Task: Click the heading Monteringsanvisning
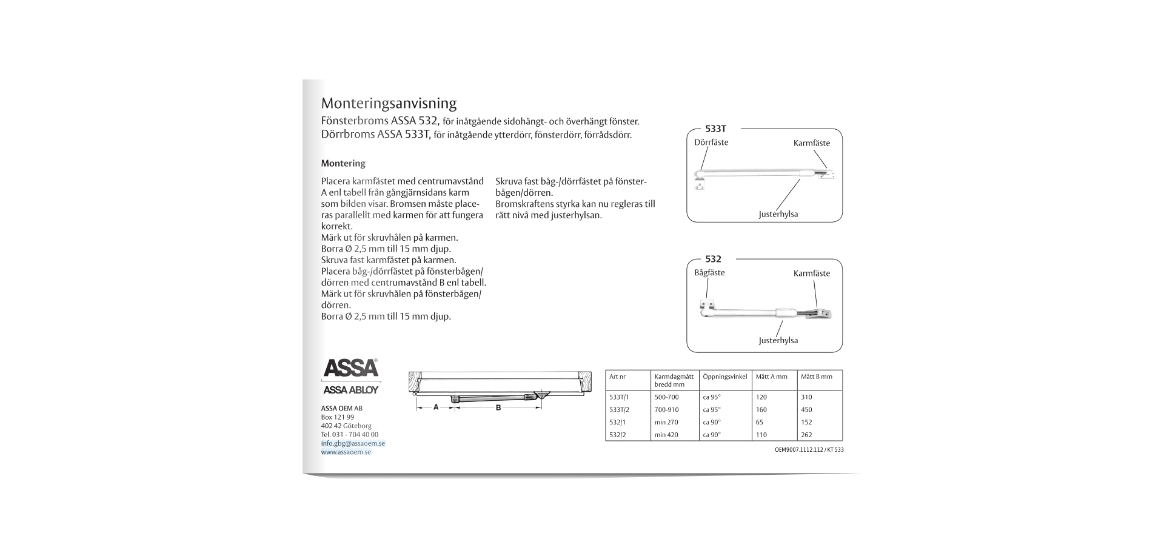tap(389, 102)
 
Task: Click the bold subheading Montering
tap(343, 163)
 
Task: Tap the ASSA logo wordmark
tap(350, 368)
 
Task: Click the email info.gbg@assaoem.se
tap(353, 443)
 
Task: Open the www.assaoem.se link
tap(346, 452)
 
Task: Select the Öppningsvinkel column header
tap(724, 377)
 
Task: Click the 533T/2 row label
tap(619, 410)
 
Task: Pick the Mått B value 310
tap(806, 397)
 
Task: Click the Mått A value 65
tap(759, 422)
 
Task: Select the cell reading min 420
tap(666, 435)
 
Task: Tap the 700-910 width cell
tap(666, 410)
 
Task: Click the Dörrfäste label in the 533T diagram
tap(711, 142)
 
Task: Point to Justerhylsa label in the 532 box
tap(778, 340)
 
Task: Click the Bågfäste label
tap(709, 273)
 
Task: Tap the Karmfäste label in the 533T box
tap(811, 143)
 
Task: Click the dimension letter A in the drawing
tap(435, 407)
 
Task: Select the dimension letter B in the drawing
tap(498, 407)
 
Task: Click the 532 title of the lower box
tap(713, 259)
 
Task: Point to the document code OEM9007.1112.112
tap(798, 450)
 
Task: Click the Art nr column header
tap(617, 377)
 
